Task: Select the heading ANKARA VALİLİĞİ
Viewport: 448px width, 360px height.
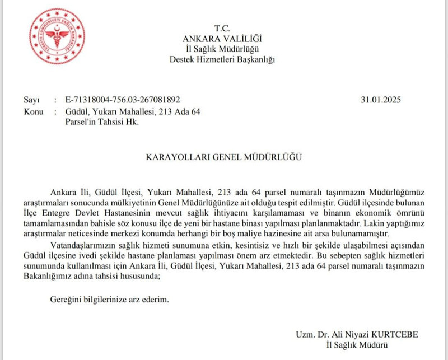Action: pos(222,39)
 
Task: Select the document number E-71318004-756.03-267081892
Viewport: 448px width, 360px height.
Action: pos(123,100)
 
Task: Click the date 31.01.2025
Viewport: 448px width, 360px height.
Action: pos(382,100)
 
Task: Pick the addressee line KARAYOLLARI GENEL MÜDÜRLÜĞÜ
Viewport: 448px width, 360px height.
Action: pos(222,158)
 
